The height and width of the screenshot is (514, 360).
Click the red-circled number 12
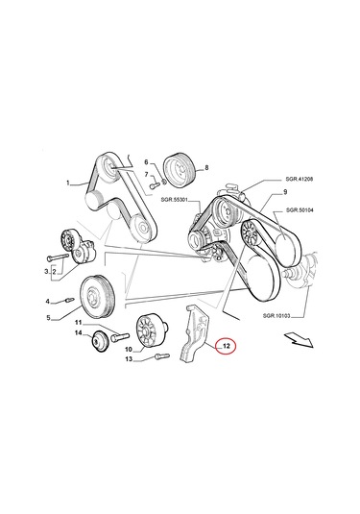(x=227, y=344)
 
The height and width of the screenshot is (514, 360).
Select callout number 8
(x=205, y=166)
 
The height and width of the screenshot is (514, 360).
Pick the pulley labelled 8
(x=179, y=166)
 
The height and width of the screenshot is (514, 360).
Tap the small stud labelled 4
(x=70, y=301)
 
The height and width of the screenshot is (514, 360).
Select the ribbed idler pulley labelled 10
(x=151, y=333)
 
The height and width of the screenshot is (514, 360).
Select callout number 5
(x=48, y=316)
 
